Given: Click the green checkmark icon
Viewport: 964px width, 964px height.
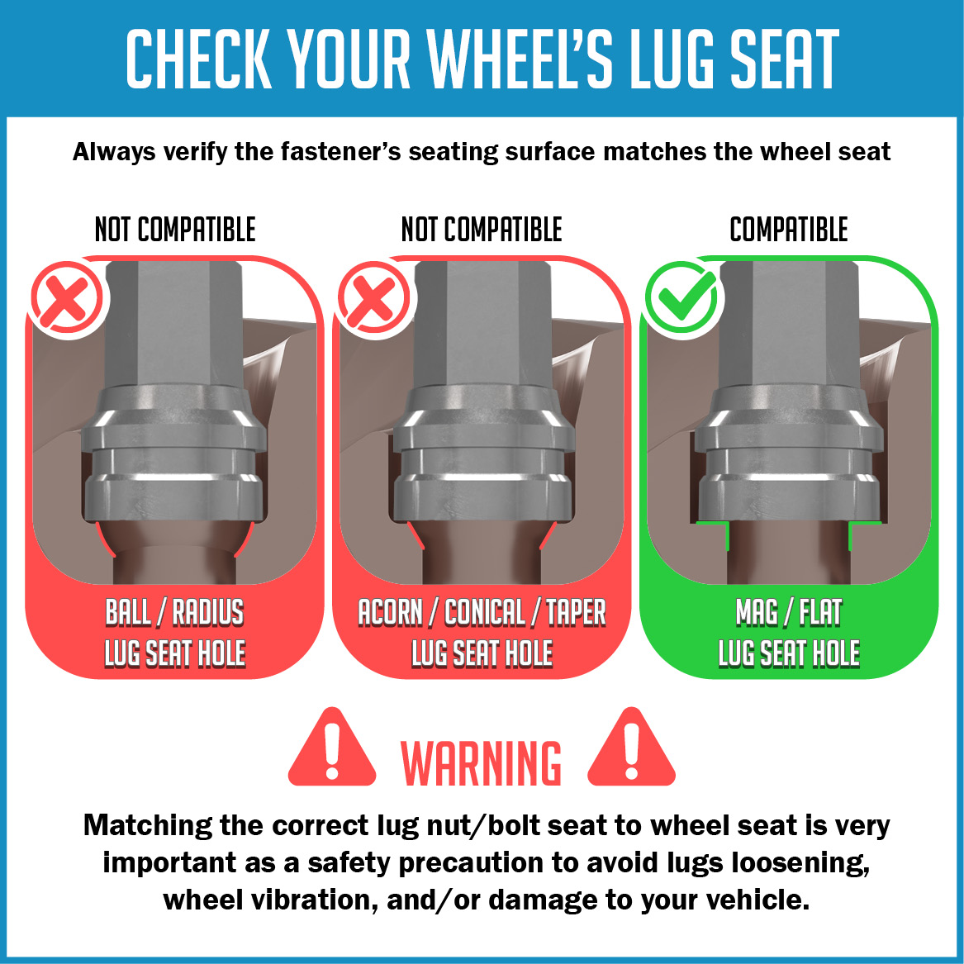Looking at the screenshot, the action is tap(681, 297).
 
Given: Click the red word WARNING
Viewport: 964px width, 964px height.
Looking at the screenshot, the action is tap(481, 763).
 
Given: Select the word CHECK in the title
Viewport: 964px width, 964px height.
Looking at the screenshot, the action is tap(199, 59).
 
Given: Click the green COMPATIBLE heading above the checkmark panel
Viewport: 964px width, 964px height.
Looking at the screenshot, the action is tap(789, 230).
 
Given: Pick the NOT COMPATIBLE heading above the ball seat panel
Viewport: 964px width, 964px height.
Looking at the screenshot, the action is tap(175, 230).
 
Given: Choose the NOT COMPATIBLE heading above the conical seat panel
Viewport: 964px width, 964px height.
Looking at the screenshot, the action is tap(482, 230).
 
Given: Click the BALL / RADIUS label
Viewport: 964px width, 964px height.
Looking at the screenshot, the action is tap(174, 612).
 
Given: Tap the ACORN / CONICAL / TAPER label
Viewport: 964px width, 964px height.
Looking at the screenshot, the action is tap(482, 612).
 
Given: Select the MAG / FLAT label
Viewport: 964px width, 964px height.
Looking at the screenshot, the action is tap(789, 612).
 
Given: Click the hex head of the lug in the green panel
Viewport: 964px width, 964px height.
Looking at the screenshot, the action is tap(789, 324).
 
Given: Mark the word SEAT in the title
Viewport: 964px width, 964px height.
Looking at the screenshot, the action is tap(783, 59).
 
